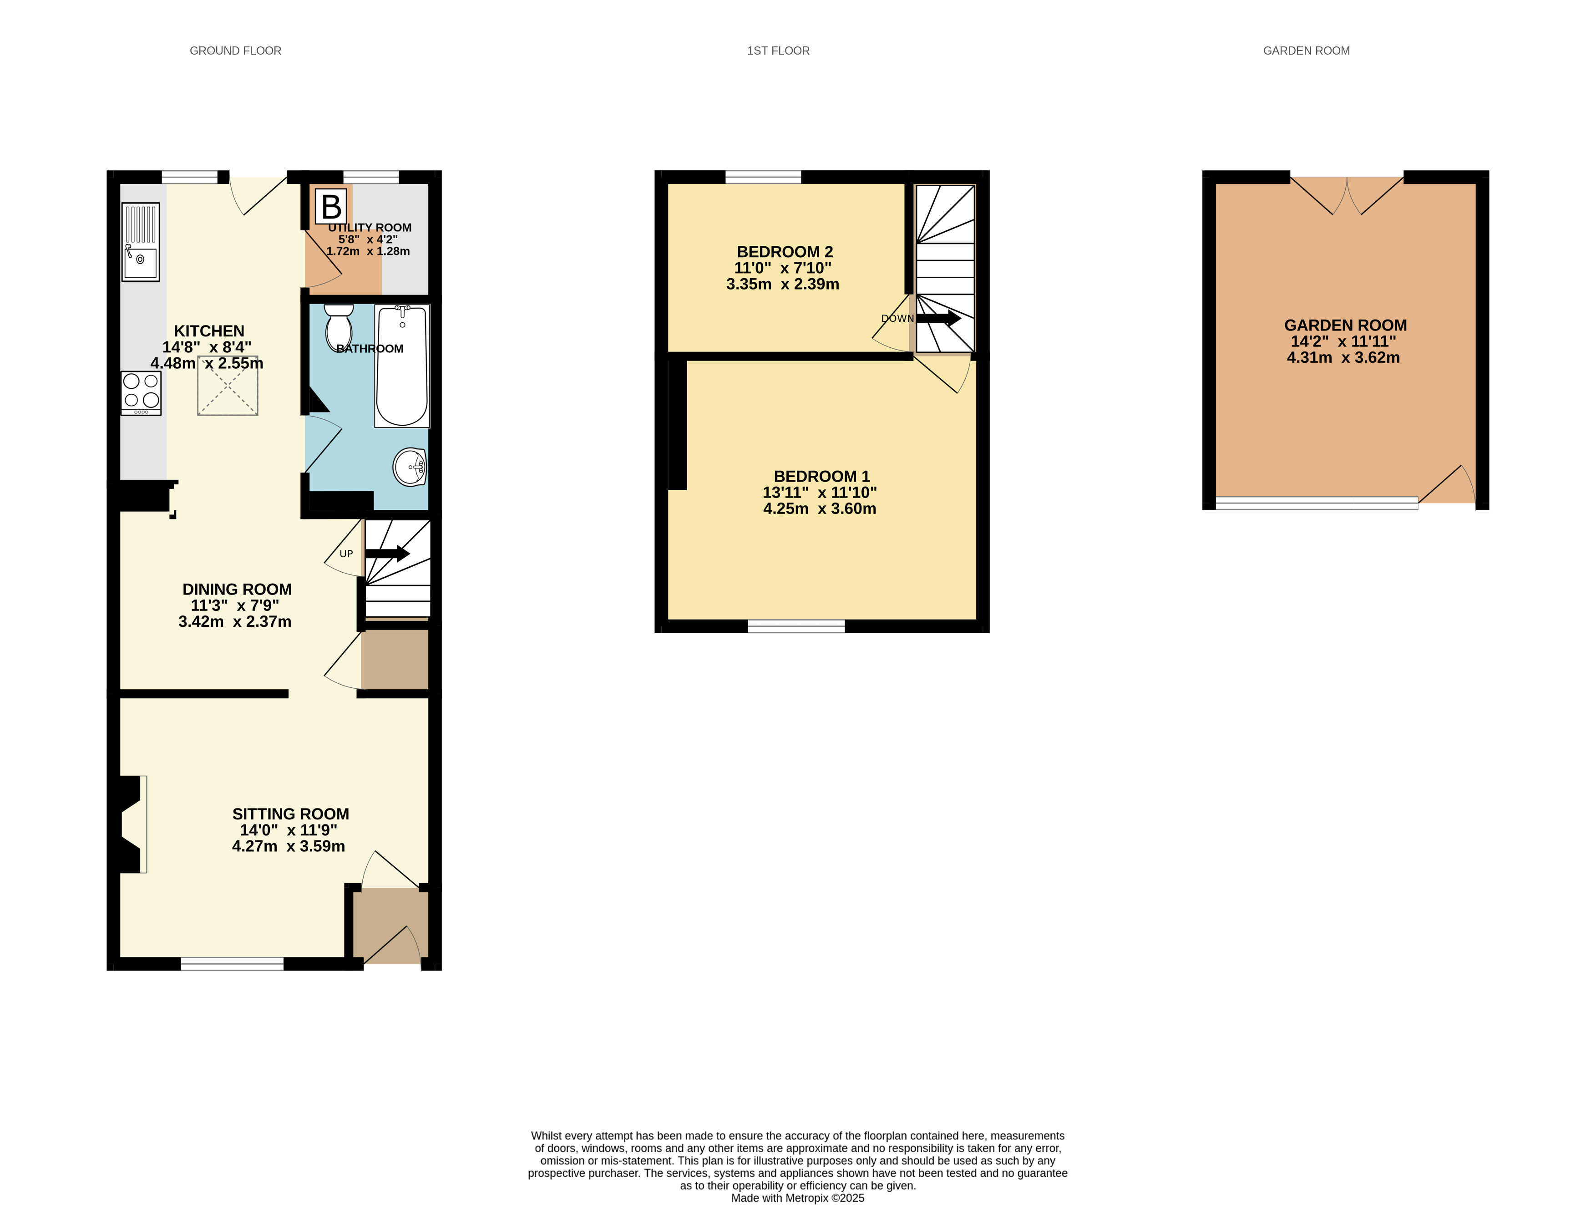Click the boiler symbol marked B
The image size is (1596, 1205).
tap(331, 207)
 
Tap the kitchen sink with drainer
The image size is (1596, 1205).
tap(141, 242)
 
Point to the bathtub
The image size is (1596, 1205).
tap(402, 366)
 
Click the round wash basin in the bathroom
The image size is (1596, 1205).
tap(410, 467)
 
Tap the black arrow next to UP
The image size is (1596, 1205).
tap(387, 554)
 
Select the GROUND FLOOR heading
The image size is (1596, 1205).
tap(235, 51)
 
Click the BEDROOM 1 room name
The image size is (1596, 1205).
tap(822, 476)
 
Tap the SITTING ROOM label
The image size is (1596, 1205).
tap(291, 814)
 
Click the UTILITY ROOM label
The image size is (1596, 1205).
tap(370, 227)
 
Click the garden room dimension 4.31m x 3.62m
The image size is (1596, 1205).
tap(1343, 357)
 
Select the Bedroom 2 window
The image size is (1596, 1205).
tap(763, 177)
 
